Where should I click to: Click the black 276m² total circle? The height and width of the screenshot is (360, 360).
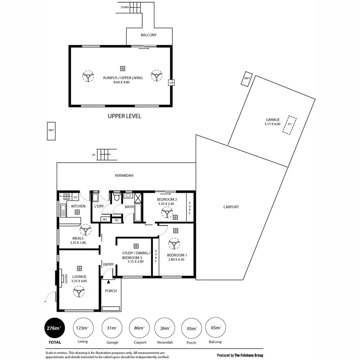coord(54,328)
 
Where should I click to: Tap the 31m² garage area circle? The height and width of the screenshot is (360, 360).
coord(111,328)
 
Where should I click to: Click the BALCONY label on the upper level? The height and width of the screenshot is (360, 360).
coord(148,35)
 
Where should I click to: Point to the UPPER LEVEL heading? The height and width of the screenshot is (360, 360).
coord(124,116)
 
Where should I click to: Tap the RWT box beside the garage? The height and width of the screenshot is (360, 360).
coord(247,78)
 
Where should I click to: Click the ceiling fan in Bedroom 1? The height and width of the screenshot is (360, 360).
coord(174,244)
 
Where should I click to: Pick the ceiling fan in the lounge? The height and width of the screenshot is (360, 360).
coord(79,293)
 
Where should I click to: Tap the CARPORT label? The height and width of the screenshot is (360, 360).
coord(231,207)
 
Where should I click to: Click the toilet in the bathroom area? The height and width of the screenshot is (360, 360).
coord(117,197)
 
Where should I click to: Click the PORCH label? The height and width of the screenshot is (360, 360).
coord(111,291)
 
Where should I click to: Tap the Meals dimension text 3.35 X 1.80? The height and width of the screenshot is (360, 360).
coord(78,243)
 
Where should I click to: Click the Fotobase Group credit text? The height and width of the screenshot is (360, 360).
coord(240,355)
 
